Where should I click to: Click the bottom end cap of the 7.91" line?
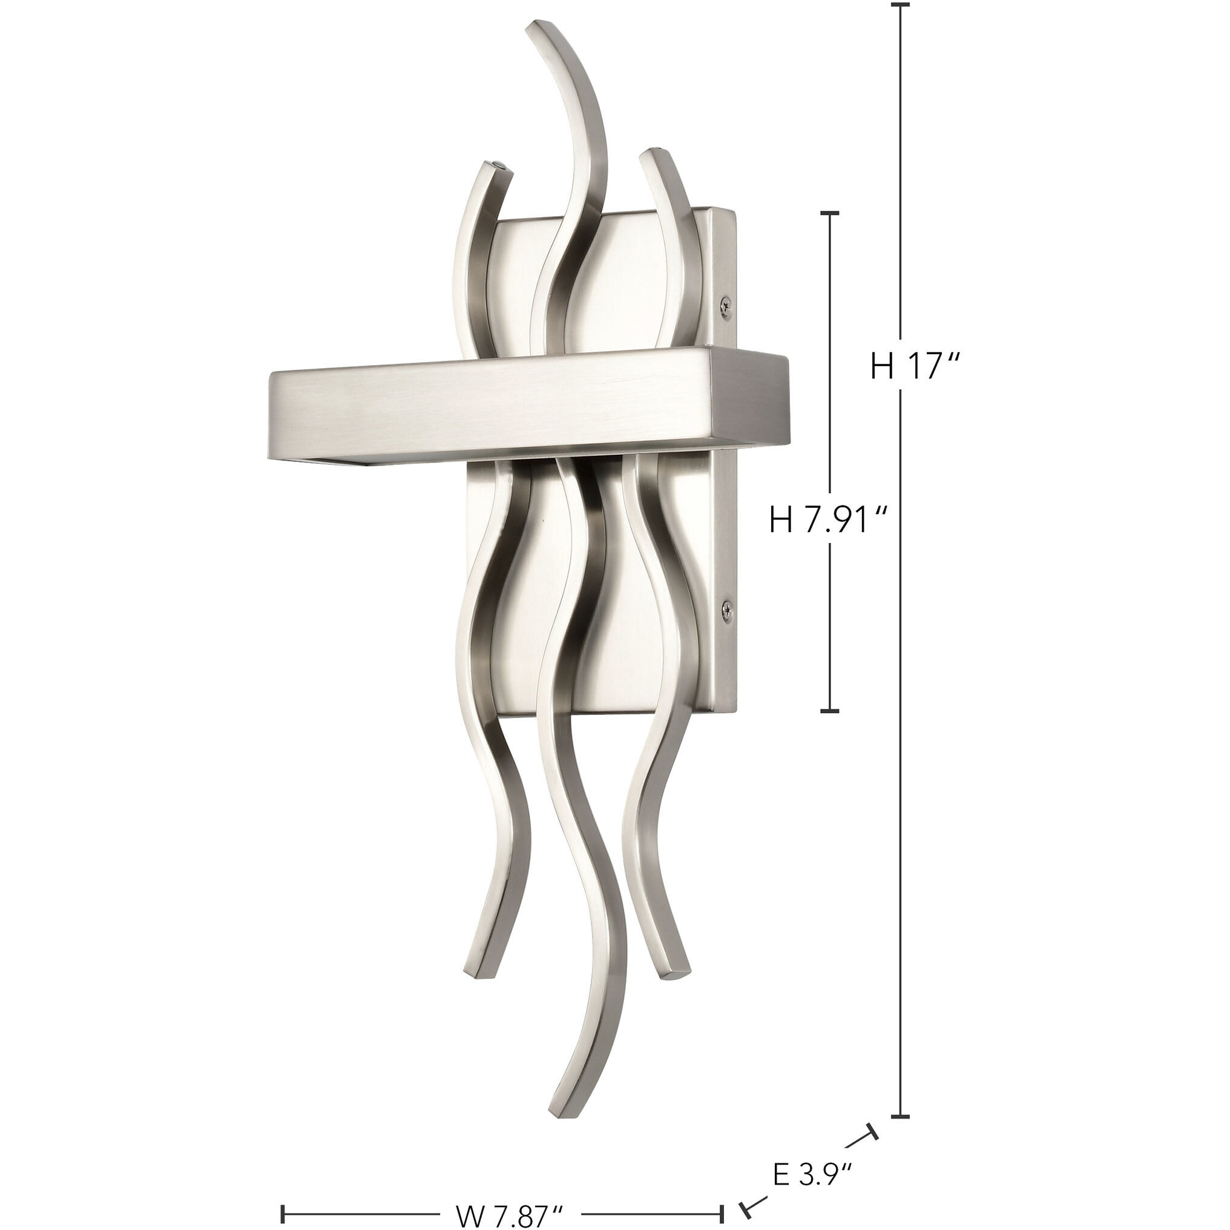pos(829,711)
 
